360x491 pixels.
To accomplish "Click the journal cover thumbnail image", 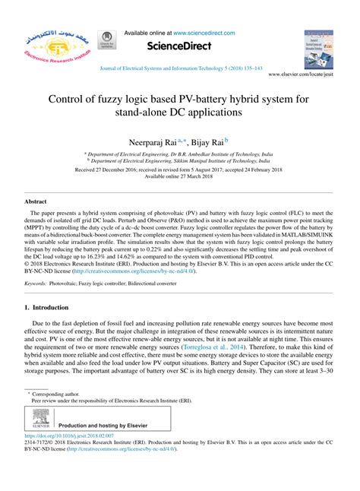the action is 318,47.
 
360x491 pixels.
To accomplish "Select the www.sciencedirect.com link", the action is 204,33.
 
